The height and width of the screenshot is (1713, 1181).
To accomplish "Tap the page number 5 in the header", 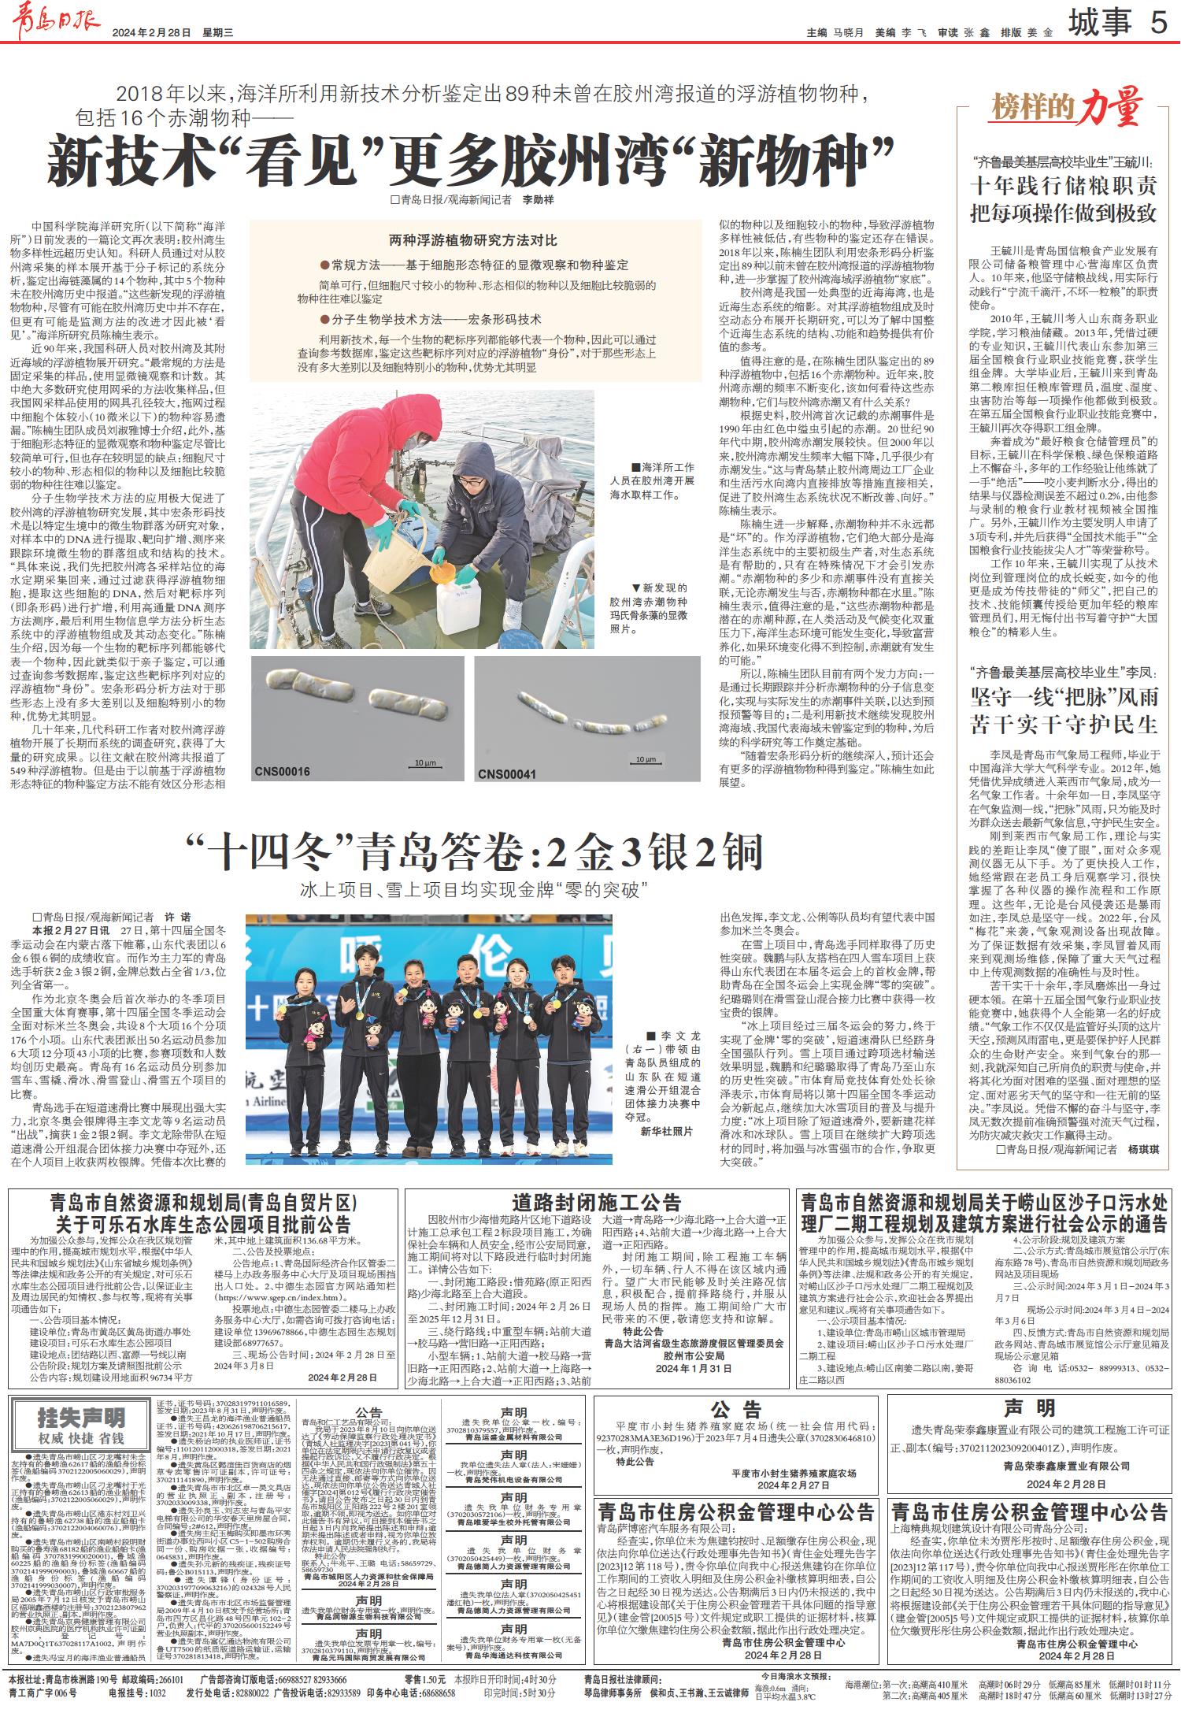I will tap(1158, 24).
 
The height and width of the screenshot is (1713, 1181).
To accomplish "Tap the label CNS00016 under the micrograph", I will tap(282, 772).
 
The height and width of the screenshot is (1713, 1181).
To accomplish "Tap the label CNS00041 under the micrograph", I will tap(507, 773).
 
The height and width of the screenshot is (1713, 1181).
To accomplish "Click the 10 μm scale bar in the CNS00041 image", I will tap(645, 759).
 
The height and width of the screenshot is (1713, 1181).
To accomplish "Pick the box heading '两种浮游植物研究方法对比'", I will tap(472, 239).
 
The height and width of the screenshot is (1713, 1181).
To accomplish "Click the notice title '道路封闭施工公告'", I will tap(596, 1203).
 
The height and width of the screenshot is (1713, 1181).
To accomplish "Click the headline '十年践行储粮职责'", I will tap(1064, 186).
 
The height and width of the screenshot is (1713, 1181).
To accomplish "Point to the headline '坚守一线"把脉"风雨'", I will tap(1064, 696).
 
